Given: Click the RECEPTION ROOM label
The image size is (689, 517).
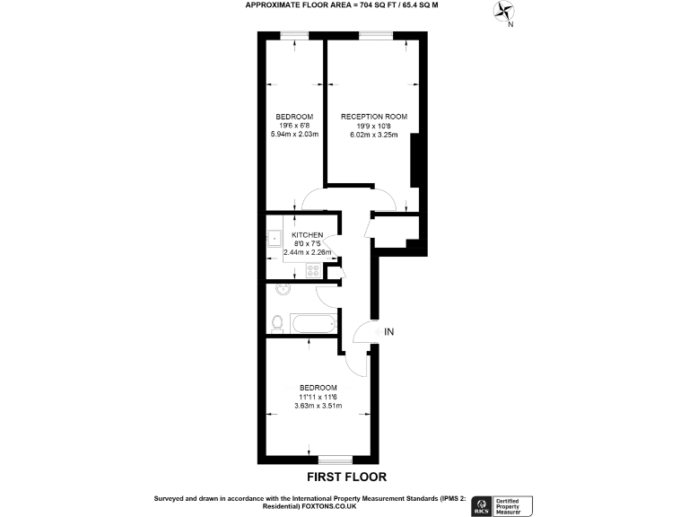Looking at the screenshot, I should coord(373,117).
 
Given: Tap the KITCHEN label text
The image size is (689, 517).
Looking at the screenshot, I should coord(307,235).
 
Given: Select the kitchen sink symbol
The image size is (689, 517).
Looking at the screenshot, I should coord(274,239).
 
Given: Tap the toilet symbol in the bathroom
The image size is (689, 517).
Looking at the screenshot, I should coord(277,320).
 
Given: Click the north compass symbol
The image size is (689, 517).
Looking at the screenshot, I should coord(503,13).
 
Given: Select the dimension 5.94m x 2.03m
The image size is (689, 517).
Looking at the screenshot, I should coord(294,136).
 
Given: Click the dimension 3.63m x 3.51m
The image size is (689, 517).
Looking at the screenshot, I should coord(318,406).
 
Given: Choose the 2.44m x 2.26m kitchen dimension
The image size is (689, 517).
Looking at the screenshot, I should coord(308,252).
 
